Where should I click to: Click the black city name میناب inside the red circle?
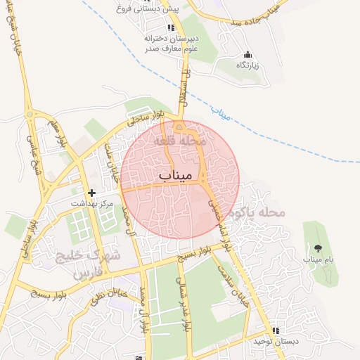pyautogui.click(x=175, y=174)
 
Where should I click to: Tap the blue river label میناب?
pyautogui.click(x=221, y=113)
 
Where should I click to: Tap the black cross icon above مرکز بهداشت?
pyautogui.click(x=91, y=192)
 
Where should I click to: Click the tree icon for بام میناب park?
pyautogui.click(x=318, y=247)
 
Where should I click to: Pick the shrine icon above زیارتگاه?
pyautogui.click(x=247, y=54)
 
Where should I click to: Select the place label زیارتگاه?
pyautogui.click(x=247, y=65)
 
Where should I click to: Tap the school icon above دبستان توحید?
pyautogui.click(x=276, y=330)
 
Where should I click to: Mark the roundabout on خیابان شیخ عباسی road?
pyautogui.click(x=30, y=115)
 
